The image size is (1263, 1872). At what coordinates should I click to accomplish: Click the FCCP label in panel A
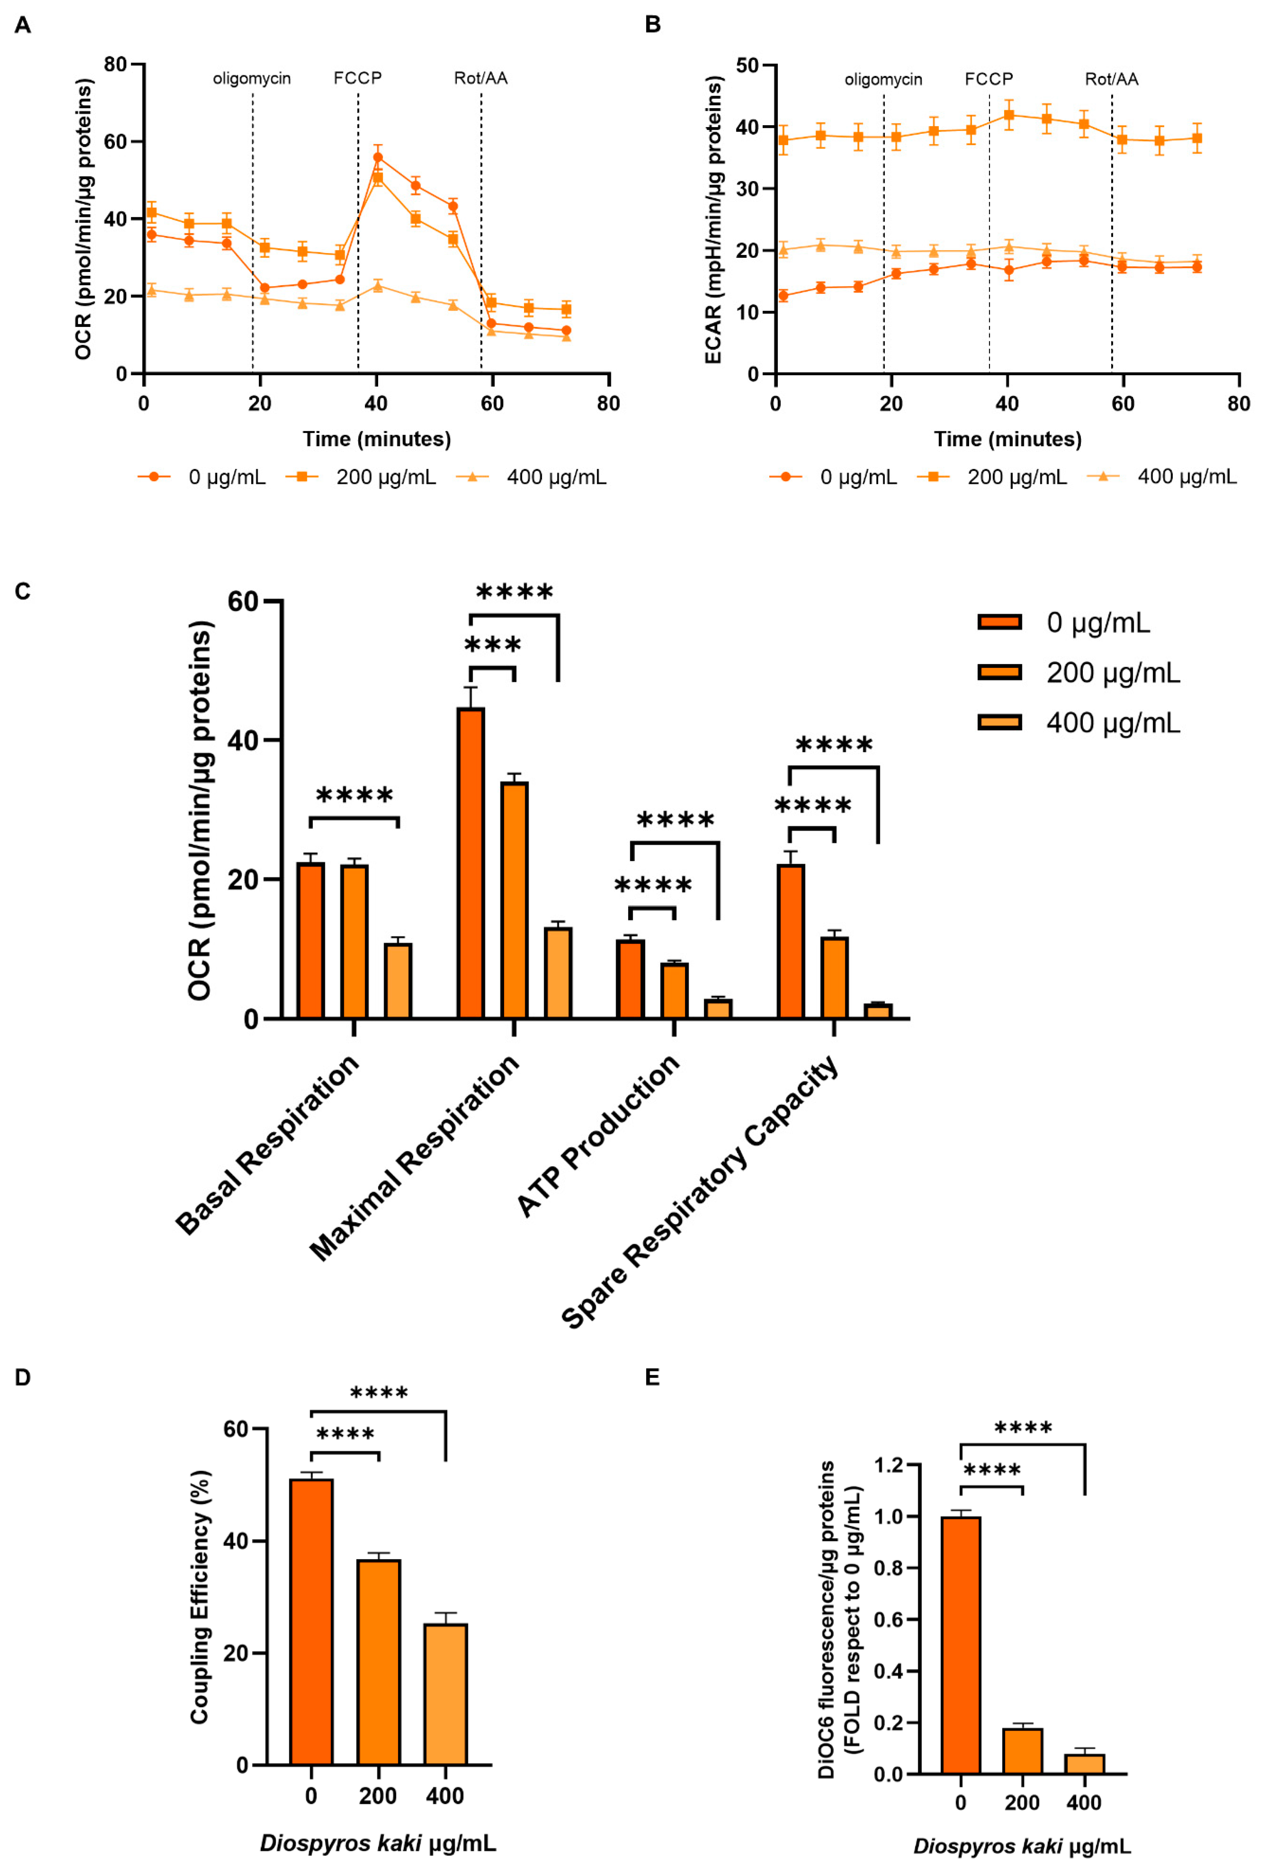(357, 78)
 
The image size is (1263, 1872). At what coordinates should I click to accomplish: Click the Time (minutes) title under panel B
(1007, 439)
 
